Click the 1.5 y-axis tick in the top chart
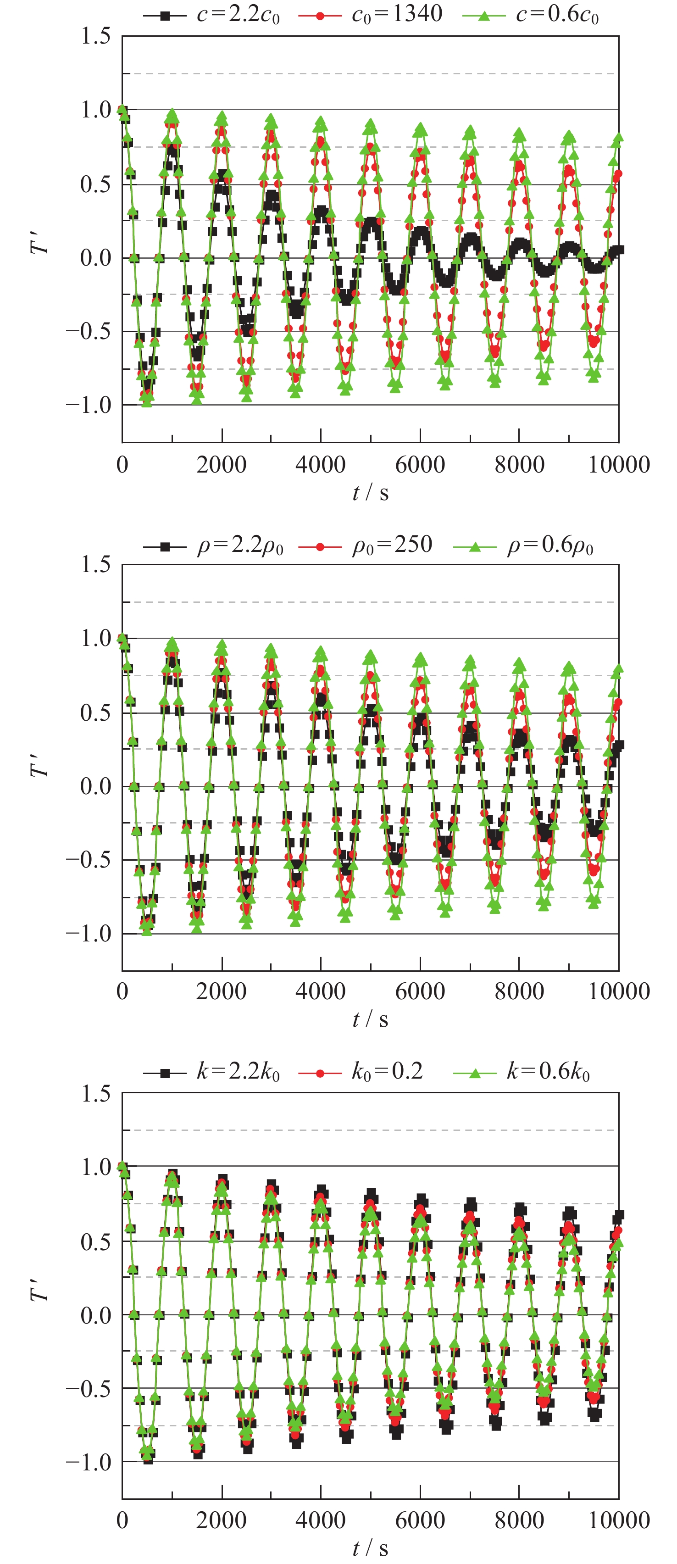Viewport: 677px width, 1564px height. tap(96, 36)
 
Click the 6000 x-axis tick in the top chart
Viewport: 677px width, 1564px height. tap(420, 465)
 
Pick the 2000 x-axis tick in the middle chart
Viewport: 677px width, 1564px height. tap(221, 991)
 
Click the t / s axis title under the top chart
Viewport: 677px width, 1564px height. tap(370, 492)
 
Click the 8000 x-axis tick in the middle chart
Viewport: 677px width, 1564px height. tap(519, 991)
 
